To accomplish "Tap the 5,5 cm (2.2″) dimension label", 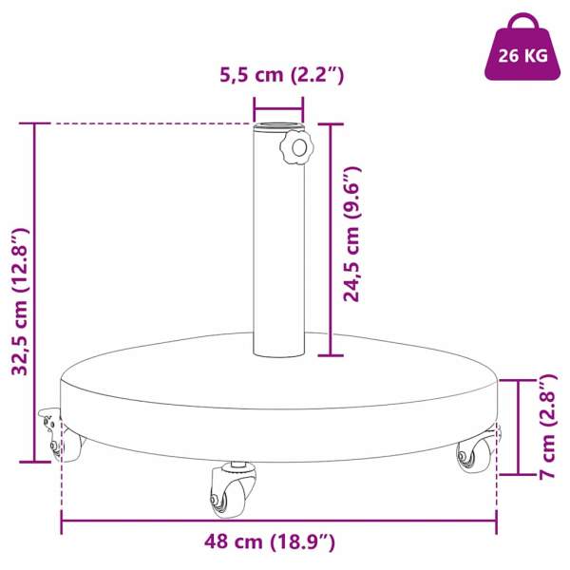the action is pyautogui.click(x=282, y=75).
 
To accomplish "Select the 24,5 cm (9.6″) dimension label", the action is pyautogui.click(x=351, y=235).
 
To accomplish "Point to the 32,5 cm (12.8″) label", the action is pyautogui.click(x=20, y=302).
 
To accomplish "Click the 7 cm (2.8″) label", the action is pyautogui.click(x=547, y=426).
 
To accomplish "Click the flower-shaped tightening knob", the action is pyautogui.click(x=297, y=148).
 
